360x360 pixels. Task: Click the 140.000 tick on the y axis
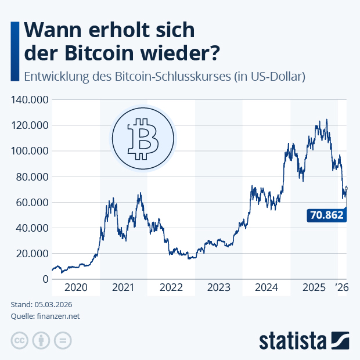[28, 100]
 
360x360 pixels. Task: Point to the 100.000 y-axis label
[28, 151]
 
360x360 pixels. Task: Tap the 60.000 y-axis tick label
[31, 202]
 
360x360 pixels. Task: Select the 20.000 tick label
[31, 253]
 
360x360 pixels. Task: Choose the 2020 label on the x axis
[75, 287]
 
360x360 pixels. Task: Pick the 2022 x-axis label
[171, 287]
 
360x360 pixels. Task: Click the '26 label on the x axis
[342, 287]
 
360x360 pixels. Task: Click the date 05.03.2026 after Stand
[57, 305]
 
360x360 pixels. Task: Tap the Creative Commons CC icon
[19, 340]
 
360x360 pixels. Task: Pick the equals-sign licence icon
[62, 340]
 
